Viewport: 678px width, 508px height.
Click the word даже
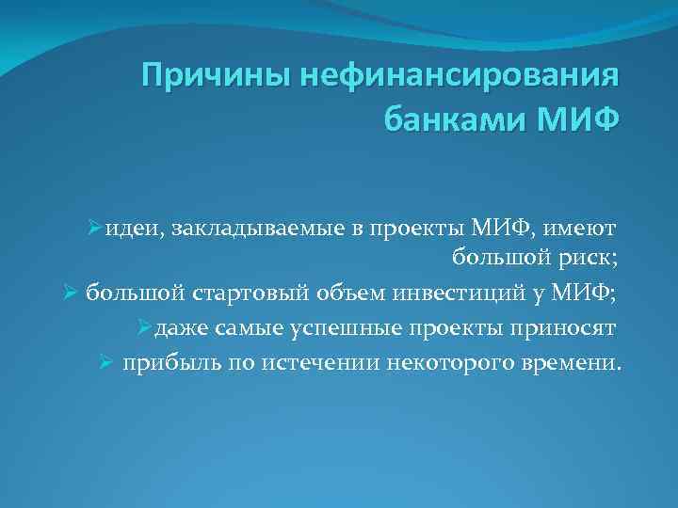pos(178,327)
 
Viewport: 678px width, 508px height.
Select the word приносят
pos(561,327)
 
